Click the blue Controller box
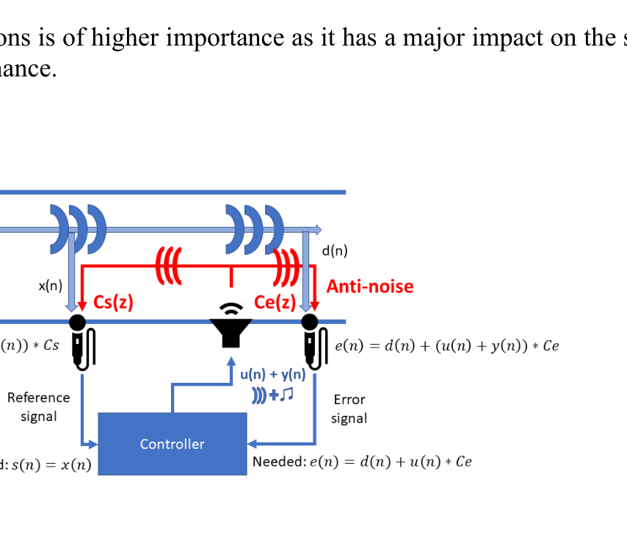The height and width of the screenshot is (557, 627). [x=173, y=443]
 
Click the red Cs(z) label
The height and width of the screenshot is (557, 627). [x=113, y=303]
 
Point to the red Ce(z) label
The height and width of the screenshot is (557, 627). [x=275, y=302]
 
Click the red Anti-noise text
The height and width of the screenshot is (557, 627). [x=370, y=287]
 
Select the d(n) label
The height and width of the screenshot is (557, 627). [x=335, y=251]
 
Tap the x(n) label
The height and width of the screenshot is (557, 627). [x=50, y=285]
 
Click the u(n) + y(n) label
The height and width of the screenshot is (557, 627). [x=272, y=375]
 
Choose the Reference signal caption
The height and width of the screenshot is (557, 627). [x=39, y=407]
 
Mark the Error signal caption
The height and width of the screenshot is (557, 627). [x=349, y=409]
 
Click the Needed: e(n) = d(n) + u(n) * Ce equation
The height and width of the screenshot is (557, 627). [x=362, y=462]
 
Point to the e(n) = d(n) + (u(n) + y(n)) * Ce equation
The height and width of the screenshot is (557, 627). [x=446, y=345]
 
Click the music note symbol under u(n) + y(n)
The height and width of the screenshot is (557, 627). [x=286, y=395]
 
